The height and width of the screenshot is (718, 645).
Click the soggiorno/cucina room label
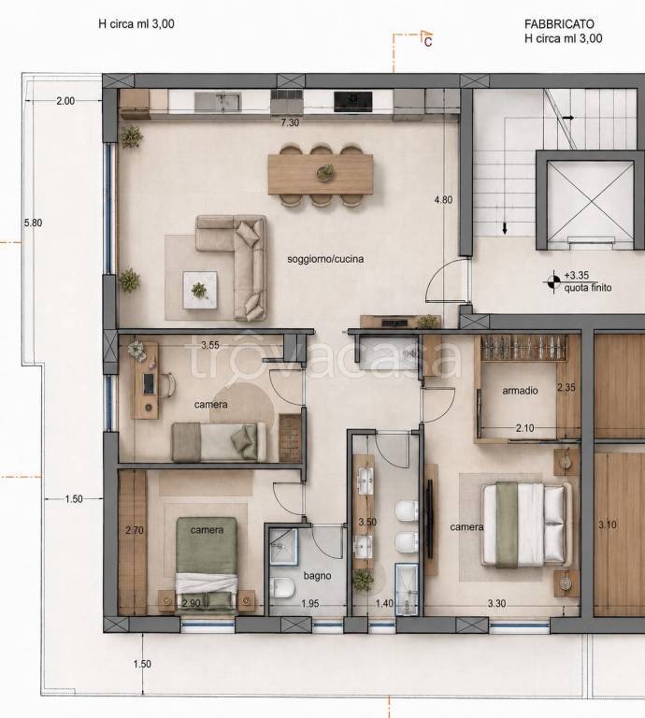pos(325,259)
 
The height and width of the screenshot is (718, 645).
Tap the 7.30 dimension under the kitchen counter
pos(290,122)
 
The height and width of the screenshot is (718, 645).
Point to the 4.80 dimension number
pos(443,200)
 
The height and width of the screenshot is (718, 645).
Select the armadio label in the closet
pos(520,391)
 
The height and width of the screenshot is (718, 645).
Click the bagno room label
pos(317,576)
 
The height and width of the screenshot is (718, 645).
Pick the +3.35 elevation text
pos(577,275)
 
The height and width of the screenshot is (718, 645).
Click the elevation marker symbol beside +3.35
pos(553,281)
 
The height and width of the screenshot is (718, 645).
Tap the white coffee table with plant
pos(200,290)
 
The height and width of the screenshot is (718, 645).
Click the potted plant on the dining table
pos(325,173)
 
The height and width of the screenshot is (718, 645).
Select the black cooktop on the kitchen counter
pos(353,101)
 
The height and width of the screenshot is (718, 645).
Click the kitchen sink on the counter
pos(218,102)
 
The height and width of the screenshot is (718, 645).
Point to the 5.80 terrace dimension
pos(33,223)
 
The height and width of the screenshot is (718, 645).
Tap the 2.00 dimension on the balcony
pos(65,101)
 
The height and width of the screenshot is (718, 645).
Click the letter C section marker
pos(428,42)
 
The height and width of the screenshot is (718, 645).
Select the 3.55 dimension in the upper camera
pos(210,345)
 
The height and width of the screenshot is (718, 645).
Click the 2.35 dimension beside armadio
pos(566,387)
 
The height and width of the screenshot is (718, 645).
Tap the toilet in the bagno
pos(281,587)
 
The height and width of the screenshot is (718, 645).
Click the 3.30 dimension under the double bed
pos(496,604)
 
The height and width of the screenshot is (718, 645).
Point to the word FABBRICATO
pos(559,23)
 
